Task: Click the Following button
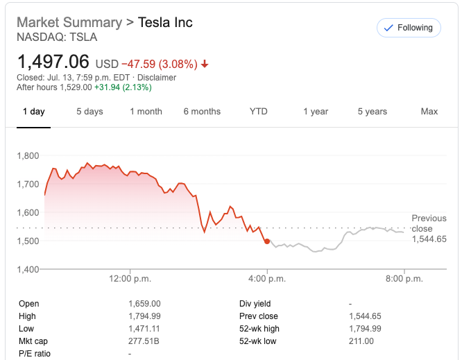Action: [x=408, y=28]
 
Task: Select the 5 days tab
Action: [x=89, y=112]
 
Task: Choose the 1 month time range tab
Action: [x=146, y=112]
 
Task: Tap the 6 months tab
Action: [x=202, y=112]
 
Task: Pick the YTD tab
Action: [x=258, y=112]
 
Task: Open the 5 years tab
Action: [x=373, y=112]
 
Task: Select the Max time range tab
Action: [x=429, y=112]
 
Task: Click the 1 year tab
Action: [x=316, y=112]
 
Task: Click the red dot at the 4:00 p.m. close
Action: [x=267, y=241]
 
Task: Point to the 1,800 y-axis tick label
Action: [x=28, y=155]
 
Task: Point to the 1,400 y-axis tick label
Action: [x=28, y=269]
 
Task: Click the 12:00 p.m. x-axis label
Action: [x=130, y=279]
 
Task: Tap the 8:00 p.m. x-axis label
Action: [x=404, y=279]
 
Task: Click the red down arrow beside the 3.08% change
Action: [x=205, y=65]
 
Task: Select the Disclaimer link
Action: [x=156, y=78]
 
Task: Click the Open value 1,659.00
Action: [x=144, y=304]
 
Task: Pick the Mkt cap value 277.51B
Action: [x=144, y=341]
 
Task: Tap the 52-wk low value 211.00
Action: [x=361, y=341]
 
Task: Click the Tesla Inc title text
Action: [x=165, y=22]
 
